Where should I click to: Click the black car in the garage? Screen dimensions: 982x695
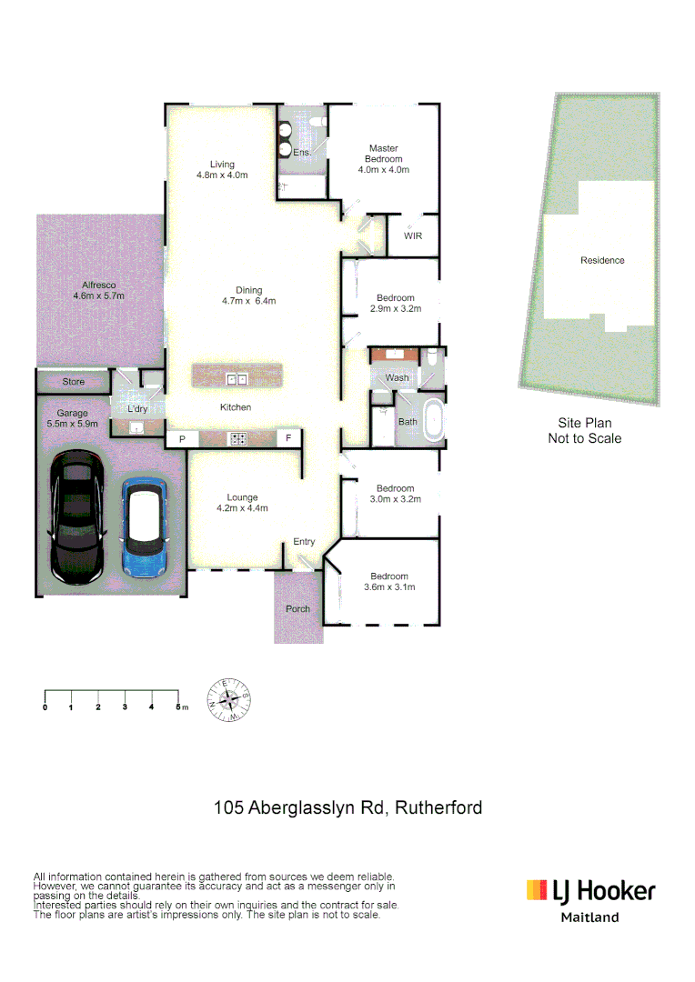(77, 516)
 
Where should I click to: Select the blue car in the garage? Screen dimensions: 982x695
(143, 528)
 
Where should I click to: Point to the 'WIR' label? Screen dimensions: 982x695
(412, 236)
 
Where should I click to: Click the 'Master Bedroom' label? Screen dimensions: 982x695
(383, 154)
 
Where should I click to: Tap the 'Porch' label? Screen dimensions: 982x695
(297, 609)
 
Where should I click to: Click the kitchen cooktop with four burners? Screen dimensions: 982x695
(238, 439)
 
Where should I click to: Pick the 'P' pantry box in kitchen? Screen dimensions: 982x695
(182, 439)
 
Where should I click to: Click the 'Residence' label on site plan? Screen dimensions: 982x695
(602, 261)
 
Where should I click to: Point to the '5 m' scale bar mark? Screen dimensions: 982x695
(180, 706)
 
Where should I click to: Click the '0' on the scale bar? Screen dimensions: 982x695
(45, 706)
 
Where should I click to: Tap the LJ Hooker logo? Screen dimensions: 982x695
(590, 891)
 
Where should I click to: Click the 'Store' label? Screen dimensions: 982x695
(73, 382)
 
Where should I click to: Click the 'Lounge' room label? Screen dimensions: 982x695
(243, 497)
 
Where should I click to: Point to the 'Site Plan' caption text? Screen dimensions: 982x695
(584, 423)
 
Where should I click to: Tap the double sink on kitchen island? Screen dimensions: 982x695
(237, 378)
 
